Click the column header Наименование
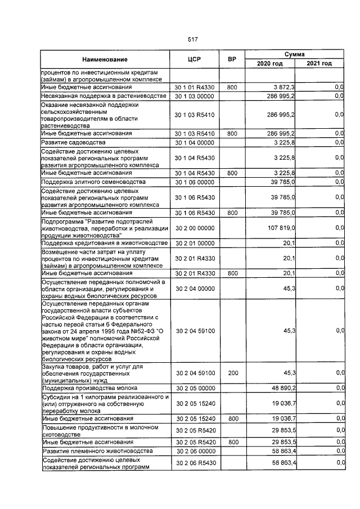tap(105, 59)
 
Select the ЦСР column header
tap(194, 59)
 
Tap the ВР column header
tap(231, 59)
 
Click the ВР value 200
tap(232, 372)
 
